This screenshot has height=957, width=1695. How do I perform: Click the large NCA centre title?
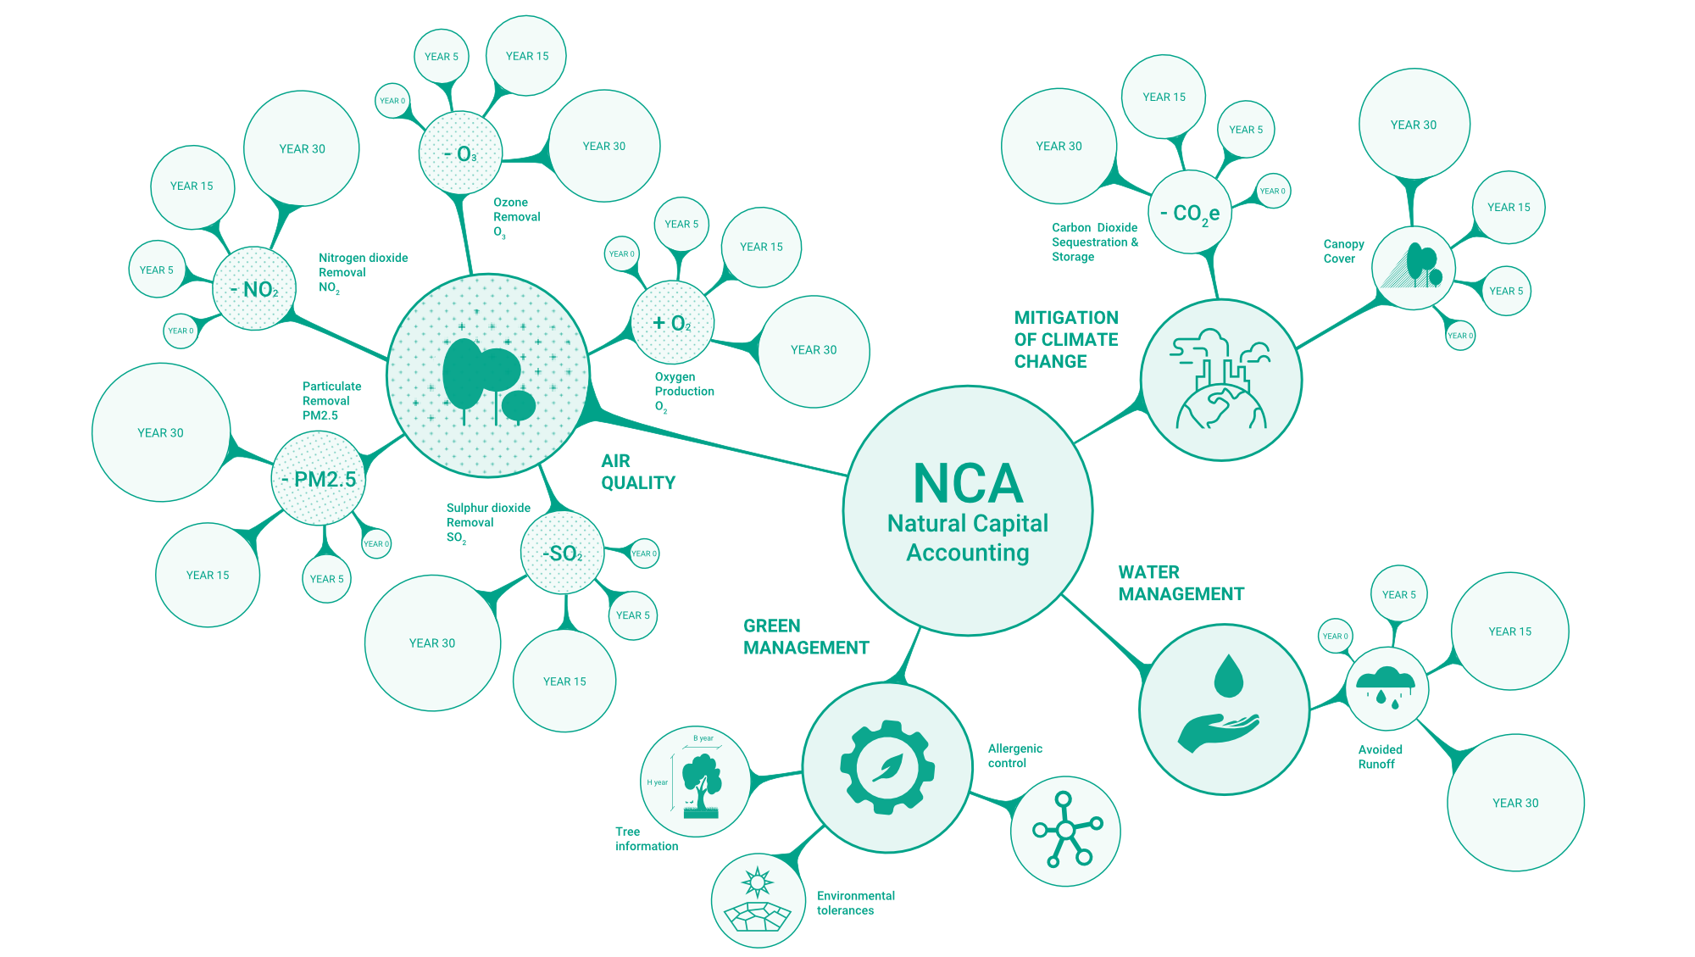pos(968,483)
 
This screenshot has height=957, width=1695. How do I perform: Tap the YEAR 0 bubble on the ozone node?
pos(392,101)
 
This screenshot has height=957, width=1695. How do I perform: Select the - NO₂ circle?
pos(254,289)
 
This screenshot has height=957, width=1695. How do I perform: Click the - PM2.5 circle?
pos(319,479)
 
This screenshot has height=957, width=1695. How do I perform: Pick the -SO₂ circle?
pos(563,554)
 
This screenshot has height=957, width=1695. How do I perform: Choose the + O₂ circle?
pos(672,323)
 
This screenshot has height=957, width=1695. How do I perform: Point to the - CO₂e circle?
pos(1190,212)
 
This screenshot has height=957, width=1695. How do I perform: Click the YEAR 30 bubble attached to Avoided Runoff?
pos(1515,803)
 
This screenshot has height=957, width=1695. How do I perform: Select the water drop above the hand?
pos(1228,676)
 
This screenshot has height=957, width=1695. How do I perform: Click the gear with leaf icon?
pos(887,767)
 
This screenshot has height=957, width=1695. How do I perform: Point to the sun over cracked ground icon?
pos(758,900)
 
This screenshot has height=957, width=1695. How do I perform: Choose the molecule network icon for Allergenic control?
pos(1065,831)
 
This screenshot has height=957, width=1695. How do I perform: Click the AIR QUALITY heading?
pos(637,472)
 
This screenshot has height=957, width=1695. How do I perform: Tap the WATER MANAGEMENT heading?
pos(1181,583)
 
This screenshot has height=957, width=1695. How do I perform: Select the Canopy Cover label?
pos(1343,251)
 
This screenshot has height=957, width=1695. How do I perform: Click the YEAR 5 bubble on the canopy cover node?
pos(1506,291)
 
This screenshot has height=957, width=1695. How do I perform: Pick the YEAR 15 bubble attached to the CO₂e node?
pos(1164,97)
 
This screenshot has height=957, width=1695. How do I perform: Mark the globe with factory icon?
pos(1220,380)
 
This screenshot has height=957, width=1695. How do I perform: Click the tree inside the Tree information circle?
pos(702,784)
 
